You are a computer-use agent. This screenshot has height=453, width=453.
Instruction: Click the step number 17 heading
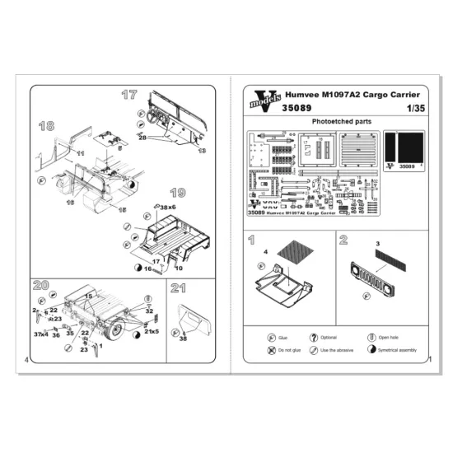(129, 94)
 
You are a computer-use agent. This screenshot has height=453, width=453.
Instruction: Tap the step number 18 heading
(45, 125)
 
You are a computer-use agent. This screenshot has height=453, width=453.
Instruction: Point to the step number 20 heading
(41, 285)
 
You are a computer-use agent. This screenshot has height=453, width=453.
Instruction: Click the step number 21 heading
(177, 287)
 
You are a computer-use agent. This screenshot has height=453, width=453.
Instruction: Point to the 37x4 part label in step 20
(40, 334)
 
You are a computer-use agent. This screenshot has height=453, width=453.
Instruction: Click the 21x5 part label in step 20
(151, 330)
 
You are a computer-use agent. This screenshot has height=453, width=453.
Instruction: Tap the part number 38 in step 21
(183, 339)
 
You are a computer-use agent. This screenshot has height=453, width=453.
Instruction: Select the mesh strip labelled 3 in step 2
(388, 255)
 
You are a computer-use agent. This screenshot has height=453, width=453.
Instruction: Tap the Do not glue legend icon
(272, 351)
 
